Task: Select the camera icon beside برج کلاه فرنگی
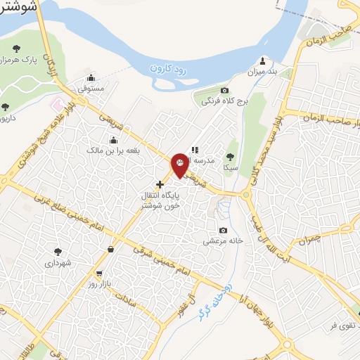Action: coord(224,91)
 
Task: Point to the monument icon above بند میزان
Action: coord(263,60)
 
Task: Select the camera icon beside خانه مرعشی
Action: coord(224,231)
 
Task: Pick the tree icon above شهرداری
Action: coord(58,251)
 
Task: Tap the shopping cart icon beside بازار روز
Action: coord(99,274)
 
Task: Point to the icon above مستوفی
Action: coord(91,78)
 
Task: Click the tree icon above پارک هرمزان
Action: coord(16,49)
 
